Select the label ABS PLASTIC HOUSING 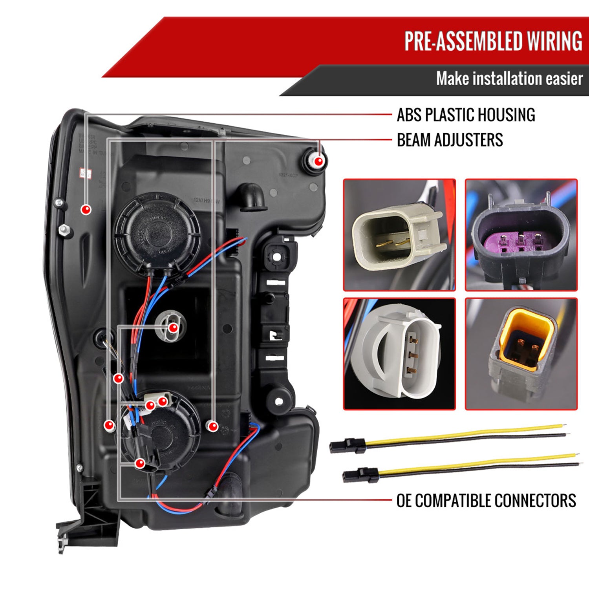(466, 115)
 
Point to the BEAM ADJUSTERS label (450, 140)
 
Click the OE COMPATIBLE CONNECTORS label (486, 501)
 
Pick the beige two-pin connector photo (399, 235)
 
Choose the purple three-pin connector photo (521, 235)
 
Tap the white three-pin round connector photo (399, 354)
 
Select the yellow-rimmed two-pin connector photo (521, 354)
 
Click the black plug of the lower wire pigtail (360, 475)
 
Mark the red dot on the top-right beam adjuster (319, 161)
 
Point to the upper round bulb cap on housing (157, 230)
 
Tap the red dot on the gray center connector (172, 328)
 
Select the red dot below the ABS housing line (86, 210)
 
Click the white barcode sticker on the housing (85, 173)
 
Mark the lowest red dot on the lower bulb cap (140, 464)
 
